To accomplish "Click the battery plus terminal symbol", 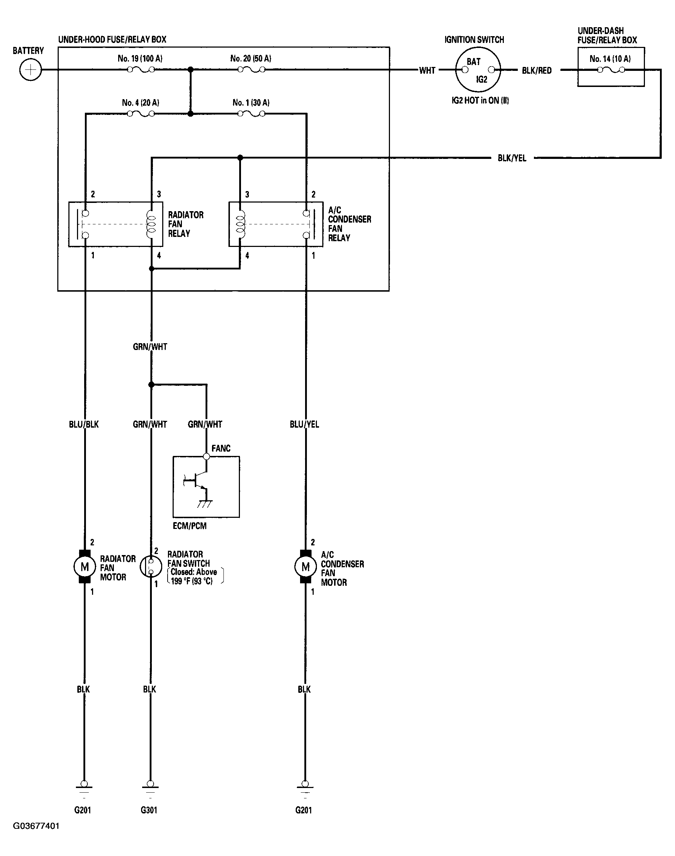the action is click(x=30, y=70).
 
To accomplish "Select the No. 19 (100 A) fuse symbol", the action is click(x=140, y=70).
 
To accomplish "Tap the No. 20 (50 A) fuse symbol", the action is click(x=251, y=70).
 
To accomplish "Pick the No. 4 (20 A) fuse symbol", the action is click(x=140, y=114).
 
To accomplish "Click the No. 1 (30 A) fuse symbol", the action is click(x=251, y=114).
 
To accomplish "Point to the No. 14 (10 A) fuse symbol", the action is click(x=611, y=70).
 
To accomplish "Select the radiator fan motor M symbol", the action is click(x=85, y=567).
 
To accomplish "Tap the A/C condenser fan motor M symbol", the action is click(x=305, y=567).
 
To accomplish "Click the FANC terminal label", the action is click(x=221, y=448).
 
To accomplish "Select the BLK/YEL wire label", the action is click(x=512, y=158).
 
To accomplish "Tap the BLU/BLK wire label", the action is click(x=84, y=424).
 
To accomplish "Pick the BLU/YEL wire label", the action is click(x=304, y=424).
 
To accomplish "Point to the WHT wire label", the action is click(x=427, y=70).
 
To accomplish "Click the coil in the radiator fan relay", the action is click(x=151, y=224).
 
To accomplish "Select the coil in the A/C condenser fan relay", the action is click(x=240, y=224).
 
